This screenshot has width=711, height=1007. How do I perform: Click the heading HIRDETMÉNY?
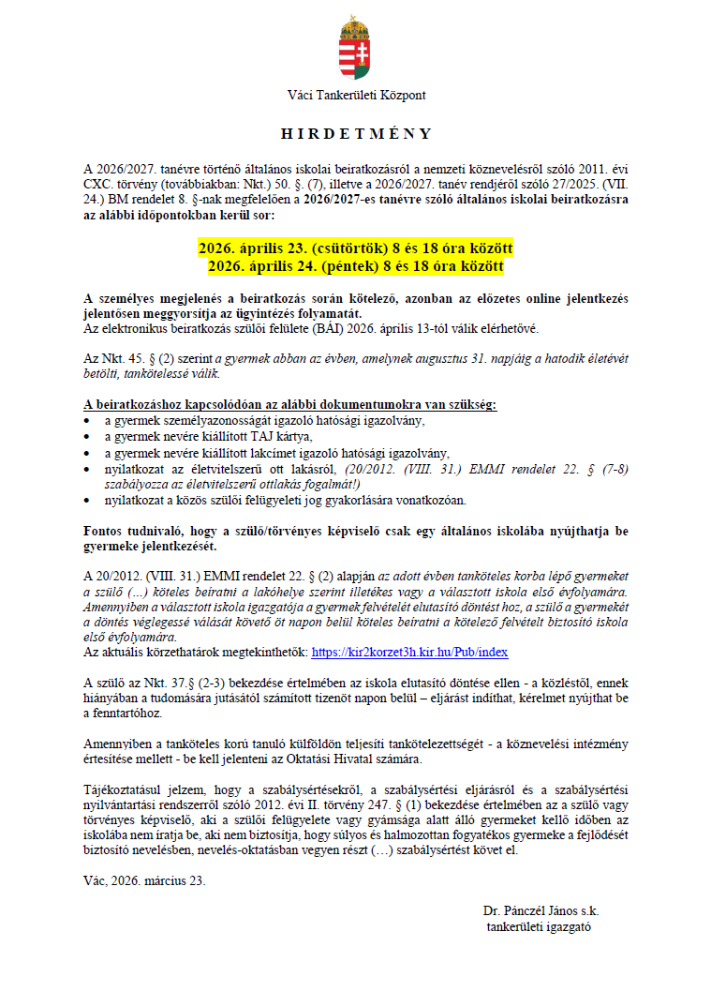point(355,134)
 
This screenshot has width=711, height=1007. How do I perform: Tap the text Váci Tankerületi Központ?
point(356,95)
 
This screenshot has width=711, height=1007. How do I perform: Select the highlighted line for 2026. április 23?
point(355,248)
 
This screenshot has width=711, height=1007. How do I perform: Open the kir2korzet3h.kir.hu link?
point(409,651)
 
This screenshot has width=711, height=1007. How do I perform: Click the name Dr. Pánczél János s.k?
point(541,910)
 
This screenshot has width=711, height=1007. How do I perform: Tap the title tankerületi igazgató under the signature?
point(539,926)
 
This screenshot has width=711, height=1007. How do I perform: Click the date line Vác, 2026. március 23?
point(144,880)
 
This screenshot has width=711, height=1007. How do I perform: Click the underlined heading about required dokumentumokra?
point(289,405)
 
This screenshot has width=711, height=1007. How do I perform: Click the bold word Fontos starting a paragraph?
point(104,530)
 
